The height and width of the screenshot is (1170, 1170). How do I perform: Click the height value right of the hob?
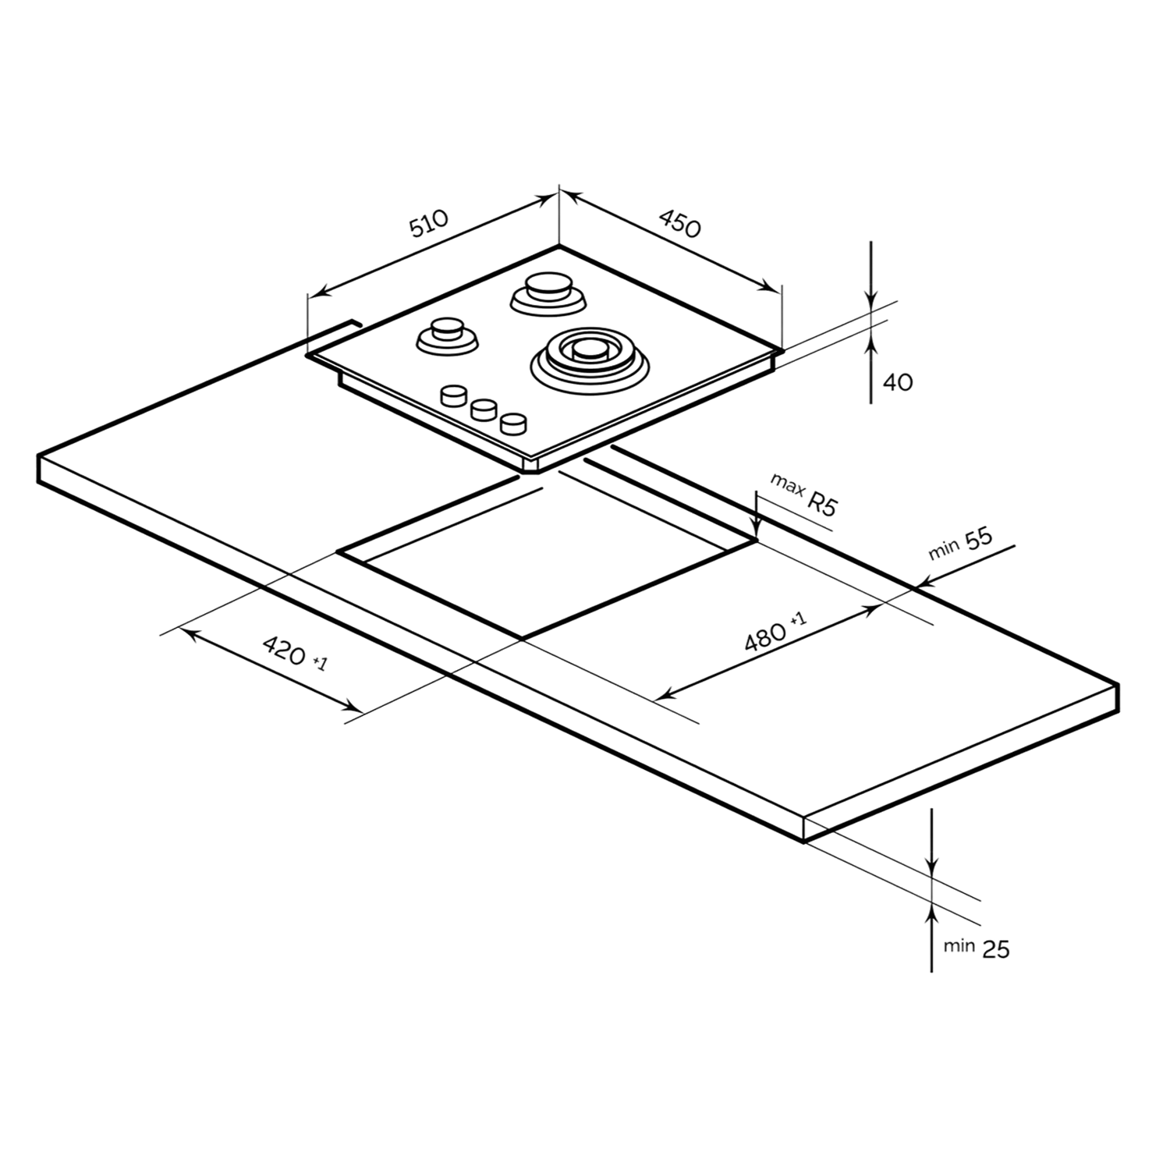899,383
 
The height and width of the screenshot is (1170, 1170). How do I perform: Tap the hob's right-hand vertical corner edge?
780,316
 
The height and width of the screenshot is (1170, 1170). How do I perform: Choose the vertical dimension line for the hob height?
870,324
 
